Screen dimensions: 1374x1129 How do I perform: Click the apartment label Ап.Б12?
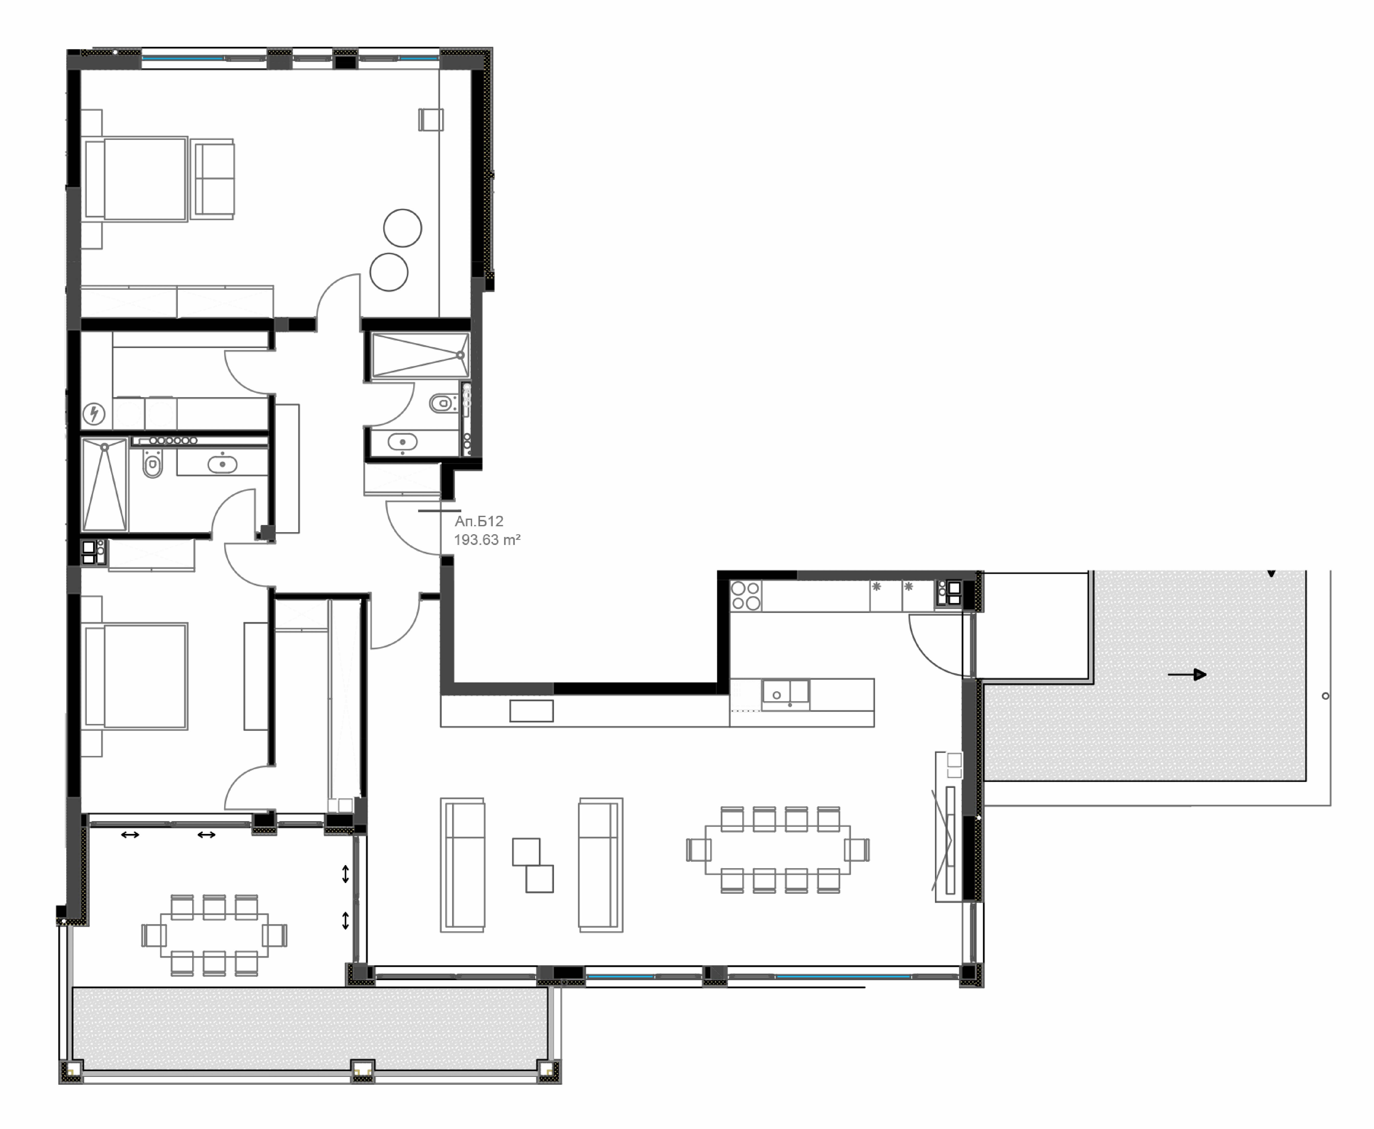479,521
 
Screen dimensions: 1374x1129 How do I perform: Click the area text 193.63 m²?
487,540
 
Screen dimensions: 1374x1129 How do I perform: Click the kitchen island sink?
785,695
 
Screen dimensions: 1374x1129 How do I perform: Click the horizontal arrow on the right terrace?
1187,675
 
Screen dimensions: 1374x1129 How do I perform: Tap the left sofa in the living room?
463,865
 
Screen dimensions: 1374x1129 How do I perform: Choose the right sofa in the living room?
601,865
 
